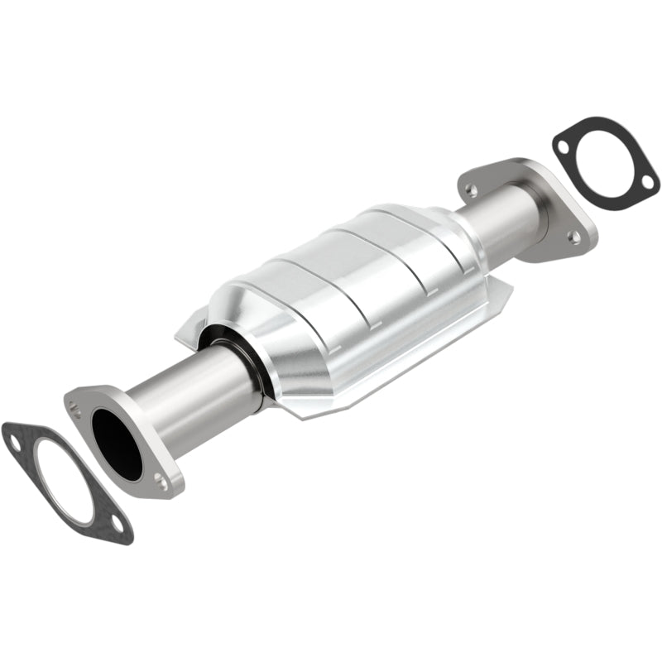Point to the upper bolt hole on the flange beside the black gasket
[x=471, y=191]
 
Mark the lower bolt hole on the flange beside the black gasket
[x=573, y=237]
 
